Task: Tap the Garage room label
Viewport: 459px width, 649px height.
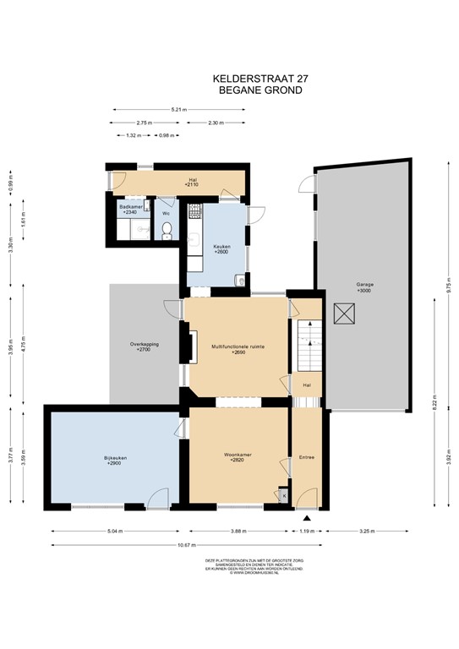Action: coord(363,285)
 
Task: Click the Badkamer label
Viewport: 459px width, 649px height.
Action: coord(128,209)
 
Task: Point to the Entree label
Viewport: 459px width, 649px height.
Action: coord(307,457)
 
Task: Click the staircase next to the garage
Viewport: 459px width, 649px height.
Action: coord(308,342)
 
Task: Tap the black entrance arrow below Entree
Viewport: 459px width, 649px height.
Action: coord(307,516)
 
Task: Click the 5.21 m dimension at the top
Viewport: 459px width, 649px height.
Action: coord(178,110)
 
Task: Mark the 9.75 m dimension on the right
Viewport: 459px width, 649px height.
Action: coord(438,286)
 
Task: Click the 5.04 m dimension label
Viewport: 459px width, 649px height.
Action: coord(115,532)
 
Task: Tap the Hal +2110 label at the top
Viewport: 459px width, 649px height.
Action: coord(192,181)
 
